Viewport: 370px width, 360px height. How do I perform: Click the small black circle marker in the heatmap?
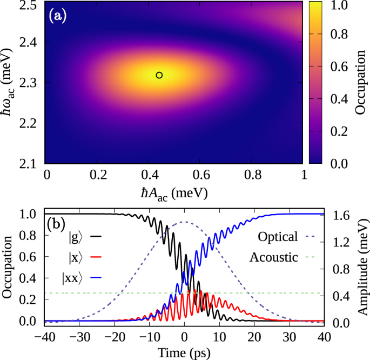[159, 75]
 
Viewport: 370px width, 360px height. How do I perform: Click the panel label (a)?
[57, 16]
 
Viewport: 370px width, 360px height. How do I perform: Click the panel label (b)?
[57, 223]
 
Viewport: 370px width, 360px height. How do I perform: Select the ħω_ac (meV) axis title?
[10, 83]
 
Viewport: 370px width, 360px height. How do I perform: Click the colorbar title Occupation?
[361, 83]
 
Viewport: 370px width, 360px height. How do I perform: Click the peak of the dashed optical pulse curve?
[184, 222]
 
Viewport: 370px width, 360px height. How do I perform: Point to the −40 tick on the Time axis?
[45, 335]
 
